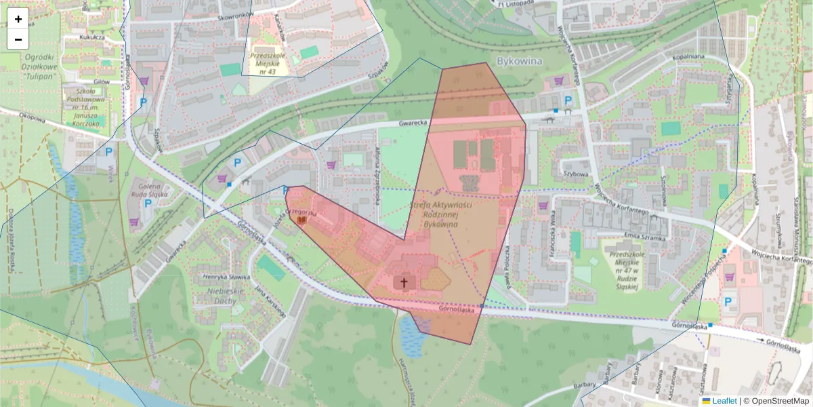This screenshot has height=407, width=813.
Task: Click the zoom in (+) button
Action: (18, 19)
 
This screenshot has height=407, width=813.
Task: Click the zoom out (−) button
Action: (18, 39)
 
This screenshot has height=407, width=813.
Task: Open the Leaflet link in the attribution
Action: (724, 401)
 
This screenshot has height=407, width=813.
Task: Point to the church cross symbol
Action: (404, 282)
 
